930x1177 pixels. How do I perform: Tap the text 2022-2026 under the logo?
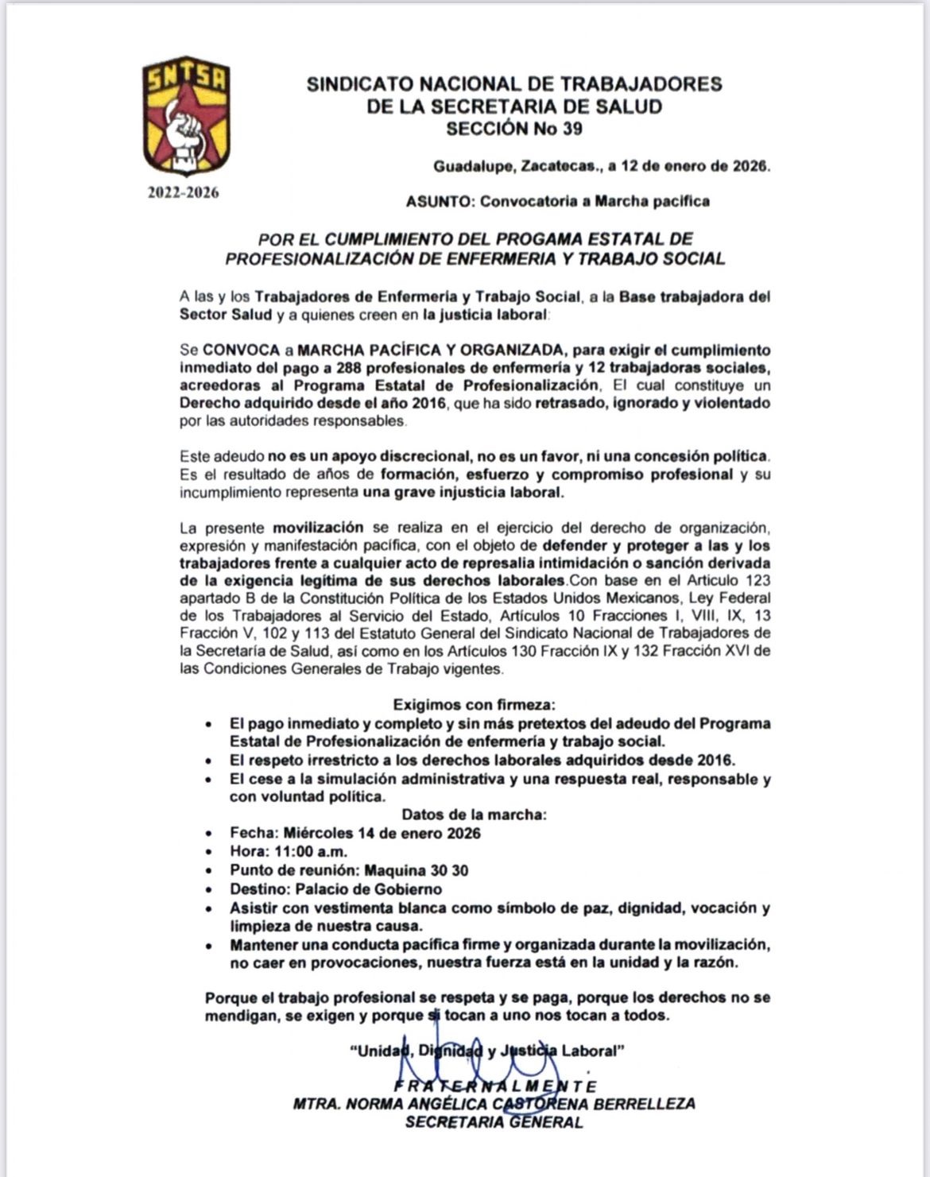pos(183,193)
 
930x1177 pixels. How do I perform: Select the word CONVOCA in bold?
pos(241,350)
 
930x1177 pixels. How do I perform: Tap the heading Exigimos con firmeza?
pos(475,705)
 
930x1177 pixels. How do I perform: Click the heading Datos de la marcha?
pos(474,815)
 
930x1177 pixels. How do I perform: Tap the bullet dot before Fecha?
pos(208,834)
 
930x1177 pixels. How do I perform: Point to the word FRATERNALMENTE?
pos(494,1086)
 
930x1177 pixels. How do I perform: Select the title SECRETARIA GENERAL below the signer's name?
pos(494,1122)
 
